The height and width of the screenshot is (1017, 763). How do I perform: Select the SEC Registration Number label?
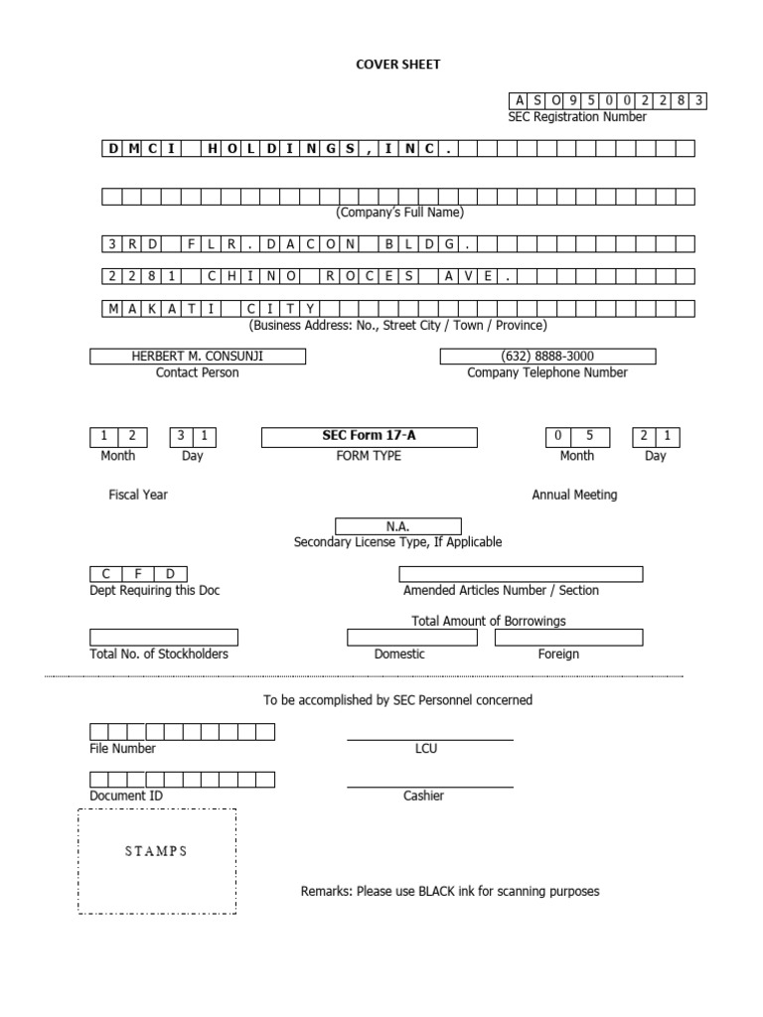[576, 117]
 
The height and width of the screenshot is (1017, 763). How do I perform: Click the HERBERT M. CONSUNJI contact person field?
[198, 357]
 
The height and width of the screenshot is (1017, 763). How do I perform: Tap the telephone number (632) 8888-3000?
[547, 357]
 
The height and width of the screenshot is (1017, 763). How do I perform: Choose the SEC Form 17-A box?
[369, 437]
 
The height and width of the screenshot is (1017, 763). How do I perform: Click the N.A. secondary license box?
[397, 526]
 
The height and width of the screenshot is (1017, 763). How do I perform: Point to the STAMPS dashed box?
[157, 861]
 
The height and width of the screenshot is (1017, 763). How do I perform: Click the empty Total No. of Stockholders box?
[164, 637]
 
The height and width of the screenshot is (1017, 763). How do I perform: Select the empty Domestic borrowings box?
[411, 637]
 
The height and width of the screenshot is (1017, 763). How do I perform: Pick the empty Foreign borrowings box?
[568, 637]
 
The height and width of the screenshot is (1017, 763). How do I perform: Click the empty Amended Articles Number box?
[521, 574]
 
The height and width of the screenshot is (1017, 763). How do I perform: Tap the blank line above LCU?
[429, 738]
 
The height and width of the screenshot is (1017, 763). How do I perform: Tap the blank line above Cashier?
[429, 786]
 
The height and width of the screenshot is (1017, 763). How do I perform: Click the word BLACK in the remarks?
[437, 891]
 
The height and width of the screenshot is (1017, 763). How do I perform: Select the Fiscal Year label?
[138, 495]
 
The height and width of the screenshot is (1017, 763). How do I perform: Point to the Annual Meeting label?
[574, 495]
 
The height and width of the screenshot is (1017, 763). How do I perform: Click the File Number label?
[122, 749]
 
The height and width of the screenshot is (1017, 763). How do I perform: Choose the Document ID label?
[126, 796]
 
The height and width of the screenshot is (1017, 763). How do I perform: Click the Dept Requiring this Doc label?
[155, 590]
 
